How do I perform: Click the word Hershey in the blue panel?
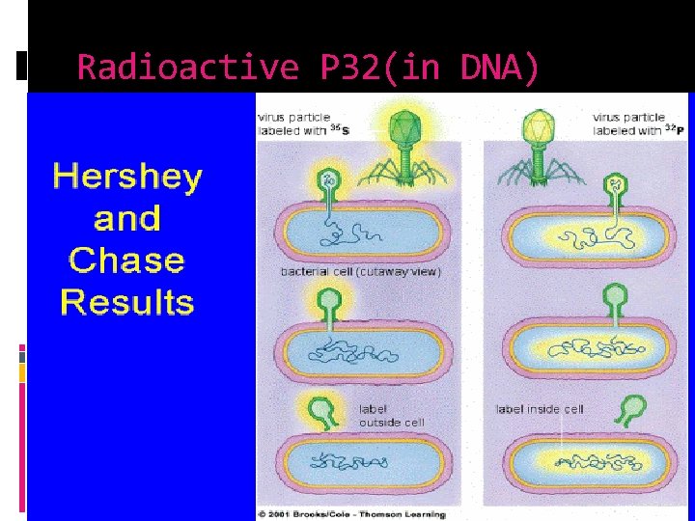pos(127,178)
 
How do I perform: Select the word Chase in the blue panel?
pos(127,260)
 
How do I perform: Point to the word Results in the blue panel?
pos(127,303)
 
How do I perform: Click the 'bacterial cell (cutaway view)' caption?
pos(360,272)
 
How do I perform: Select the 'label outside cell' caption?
pos(391,416)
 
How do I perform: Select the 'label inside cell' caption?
pos(540,409)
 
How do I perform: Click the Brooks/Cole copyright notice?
pos(352,514)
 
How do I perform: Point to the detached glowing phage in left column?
pos(326,410)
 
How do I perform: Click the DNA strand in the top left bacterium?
pos(357,234)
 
